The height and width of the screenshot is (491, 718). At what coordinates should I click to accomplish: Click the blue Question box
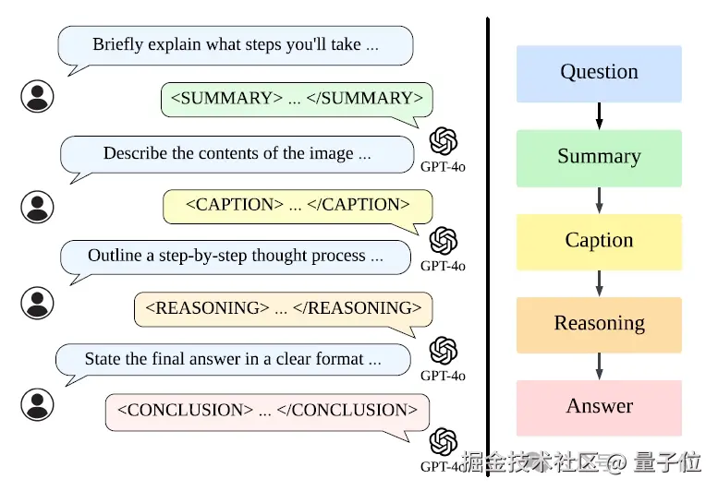(599, 73)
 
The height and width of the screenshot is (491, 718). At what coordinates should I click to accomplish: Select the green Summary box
(599, 157)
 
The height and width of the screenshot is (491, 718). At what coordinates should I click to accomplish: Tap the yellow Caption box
(599, 241)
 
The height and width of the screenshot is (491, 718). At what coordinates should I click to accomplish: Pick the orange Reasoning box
(599, 324)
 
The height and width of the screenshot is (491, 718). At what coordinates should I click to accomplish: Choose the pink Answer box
(599, 407)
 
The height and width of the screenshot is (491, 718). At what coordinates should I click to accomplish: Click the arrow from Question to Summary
(599, 115)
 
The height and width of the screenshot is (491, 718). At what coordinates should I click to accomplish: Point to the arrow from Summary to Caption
(599, 199)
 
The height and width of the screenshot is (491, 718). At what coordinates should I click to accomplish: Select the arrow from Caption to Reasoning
(599, 282)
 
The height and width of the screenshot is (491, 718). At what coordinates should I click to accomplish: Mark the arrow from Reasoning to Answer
(599, 365)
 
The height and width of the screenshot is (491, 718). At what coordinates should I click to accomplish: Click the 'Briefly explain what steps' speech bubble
(235, 45)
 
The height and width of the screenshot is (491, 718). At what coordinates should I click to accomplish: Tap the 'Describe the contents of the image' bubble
(237, 154)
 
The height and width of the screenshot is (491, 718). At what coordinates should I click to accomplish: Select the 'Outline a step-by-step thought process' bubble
(235, 257)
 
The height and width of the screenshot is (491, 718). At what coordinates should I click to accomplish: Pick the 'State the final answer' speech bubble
(233, 360)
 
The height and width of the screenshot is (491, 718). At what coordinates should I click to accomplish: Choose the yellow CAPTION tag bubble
(298, 205)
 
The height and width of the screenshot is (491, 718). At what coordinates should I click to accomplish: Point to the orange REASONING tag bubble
(283, 308)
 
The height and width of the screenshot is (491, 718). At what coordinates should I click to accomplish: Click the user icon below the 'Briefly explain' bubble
(37, 96)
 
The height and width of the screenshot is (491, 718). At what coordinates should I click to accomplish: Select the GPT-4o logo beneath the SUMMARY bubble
(444, 141)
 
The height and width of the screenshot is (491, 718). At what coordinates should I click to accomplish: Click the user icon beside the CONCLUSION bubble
(37, 404)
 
